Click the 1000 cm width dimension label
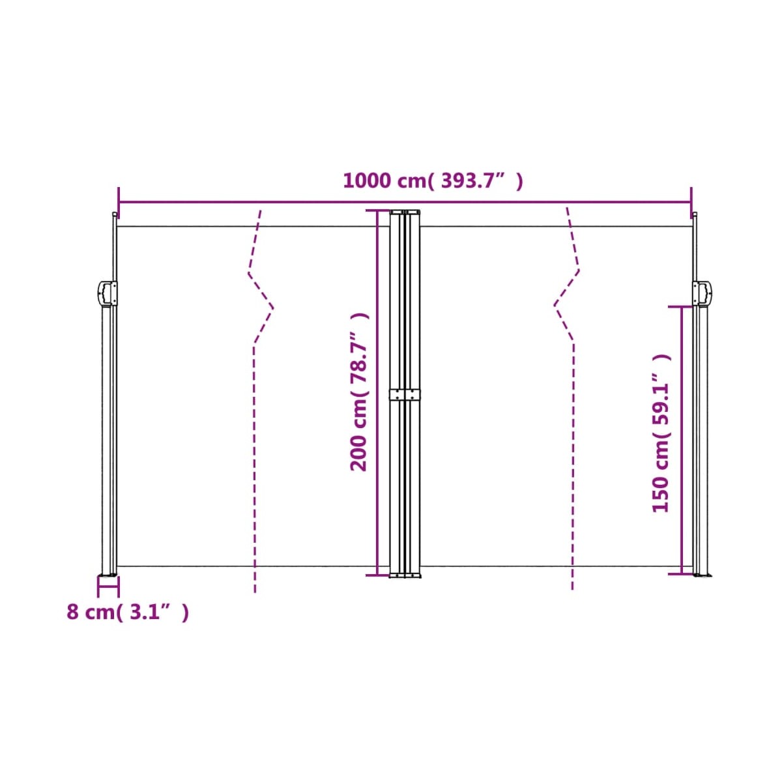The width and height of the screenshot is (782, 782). (x=433, y=181)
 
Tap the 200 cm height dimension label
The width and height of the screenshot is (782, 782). (x=358, y=392)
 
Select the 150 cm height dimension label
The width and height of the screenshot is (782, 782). (x=660, y=433)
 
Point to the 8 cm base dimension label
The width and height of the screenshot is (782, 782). (x=128, y=612)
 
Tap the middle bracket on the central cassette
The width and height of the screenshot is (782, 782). (x=405, y=394)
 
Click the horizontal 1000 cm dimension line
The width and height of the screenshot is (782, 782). (x=405, y=201)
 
